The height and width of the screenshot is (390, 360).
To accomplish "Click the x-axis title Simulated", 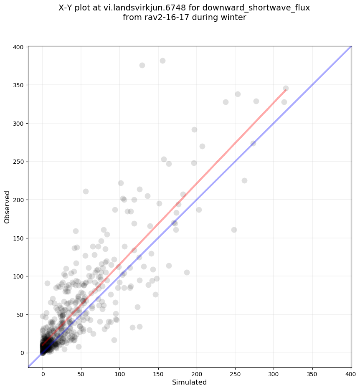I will click(x=190, y=382).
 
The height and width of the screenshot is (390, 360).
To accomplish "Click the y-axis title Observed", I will click(x=7, y=207).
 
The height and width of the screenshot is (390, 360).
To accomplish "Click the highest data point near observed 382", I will click(x=162, y=61).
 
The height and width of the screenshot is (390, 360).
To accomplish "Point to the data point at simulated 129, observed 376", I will click(x=142, y=65).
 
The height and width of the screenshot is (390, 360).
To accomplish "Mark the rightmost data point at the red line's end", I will click(x=286, y=88).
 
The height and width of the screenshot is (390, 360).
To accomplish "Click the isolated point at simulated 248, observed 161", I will click(x=234, y=230).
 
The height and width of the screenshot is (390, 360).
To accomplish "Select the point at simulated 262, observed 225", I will click(x=244, y=180).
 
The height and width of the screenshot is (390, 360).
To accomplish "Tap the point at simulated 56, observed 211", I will click(x=86, y=191).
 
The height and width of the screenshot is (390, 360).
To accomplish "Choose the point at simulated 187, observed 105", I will click(x=187, y=272).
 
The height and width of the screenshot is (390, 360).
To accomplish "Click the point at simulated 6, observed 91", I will click(x=47, y=283).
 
